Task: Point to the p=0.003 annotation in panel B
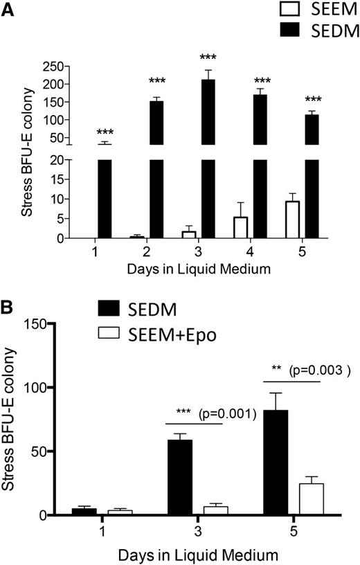321,371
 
